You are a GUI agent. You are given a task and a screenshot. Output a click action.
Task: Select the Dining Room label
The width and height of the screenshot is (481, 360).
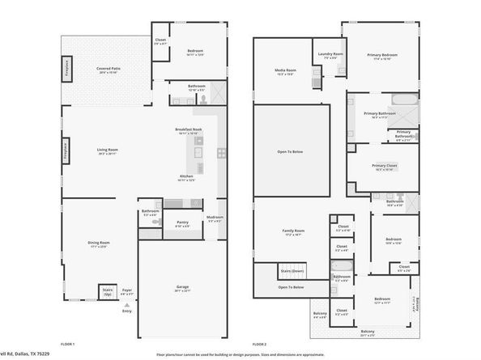click(x=99, y=243)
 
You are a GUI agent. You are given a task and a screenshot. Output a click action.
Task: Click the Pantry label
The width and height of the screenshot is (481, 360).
click(x=182, y=222)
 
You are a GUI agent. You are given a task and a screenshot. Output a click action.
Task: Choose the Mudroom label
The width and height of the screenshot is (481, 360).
click(x=215, y=218)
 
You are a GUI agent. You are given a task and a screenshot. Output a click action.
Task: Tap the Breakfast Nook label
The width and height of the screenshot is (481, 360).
click(x=189, y=130)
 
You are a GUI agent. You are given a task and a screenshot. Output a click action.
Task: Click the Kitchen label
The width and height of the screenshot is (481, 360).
click(x=186, y=176)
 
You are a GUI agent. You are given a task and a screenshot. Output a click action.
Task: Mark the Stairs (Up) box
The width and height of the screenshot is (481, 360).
click(x=107, y=292)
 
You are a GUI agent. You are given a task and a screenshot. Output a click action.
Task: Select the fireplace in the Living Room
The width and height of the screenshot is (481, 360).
click(x=66, y=150)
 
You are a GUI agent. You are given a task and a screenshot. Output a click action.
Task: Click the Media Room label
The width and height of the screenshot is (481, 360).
click(x=284, y=71)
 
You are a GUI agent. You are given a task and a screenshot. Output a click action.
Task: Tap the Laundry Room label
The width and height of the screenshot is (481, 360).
click(x=330, y=55)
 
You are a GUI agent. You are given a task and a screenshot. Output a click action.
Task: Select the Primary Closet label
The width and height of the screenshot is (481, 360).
click(x=381, y=167)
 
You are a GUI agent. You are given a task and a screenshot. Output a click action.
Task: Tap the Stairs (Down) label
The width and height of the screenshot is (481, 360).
click(x=292, y=271)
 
